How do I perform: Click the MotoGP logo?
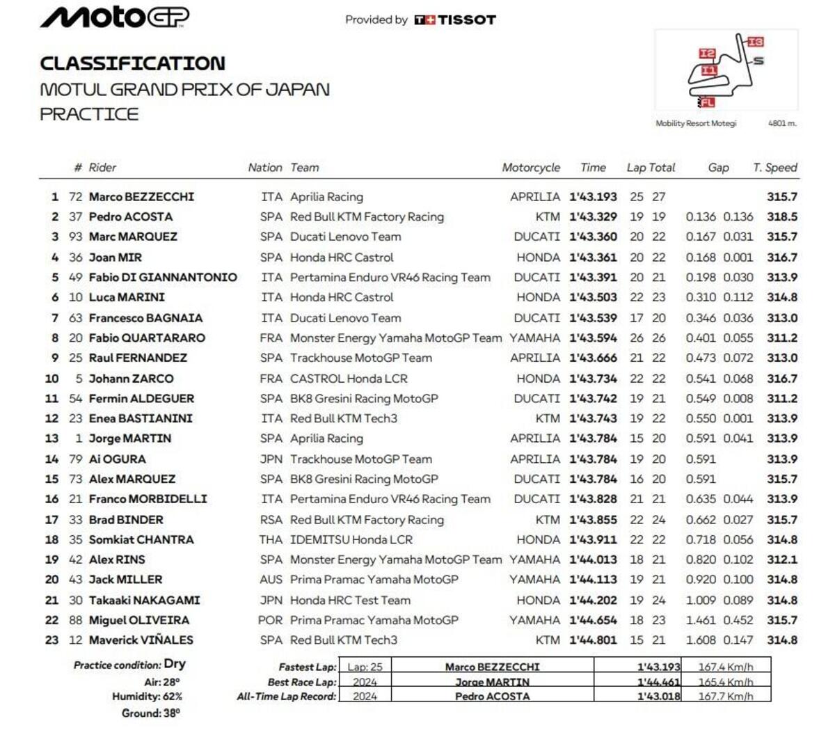pyautogui.click(x=114, y=17)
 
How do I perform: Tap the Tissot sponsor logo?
pyautogui.click(x=455, y=20)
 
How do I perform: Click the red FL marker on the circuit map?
pyautogui.click(x=707, y=102)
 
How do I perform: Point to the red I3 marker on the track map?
pyautogui.click(x=756, y=42)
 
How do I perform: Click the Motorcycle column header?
pyautogui.click(x=531, y=168)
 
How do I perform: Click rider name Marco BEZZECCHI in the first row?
pyautogui.click(x=141, y=197)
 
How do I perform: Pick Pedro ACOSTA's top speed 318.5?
pyautogui.click(x=782, y=217)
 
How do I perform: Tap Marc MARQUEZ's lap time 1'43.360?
pyautogui.click(x=593, y=237)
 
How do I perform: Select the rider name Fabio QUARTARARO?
pyautogui.click(x=147, y=338)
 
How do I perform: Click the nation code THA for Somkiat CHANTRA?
pyautogui.click(x=271, y=540)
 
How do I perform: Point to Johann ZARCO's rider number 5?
pyautogui.click(x=79, y=379)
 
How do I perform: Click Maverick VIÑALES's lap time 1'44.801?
pyautogui.click(x=593, y=640)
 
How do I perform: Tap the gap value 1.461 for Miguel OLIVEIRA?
pyautogui.click(x=701, y=620)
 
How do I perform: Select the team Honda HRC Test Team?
pyautogui.click(x=350, y=600)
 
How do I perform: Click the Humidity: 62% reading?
pyautogui.click(x=147, y=697)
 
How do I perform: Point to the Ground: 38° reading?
pyautogui.click(x=150, y=713)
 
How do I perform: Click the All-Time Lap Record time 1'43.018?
pyautogui.click(x=658, y=697)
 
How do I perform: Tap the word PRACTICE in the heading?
pyautogui.click(x=89, y=114)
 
